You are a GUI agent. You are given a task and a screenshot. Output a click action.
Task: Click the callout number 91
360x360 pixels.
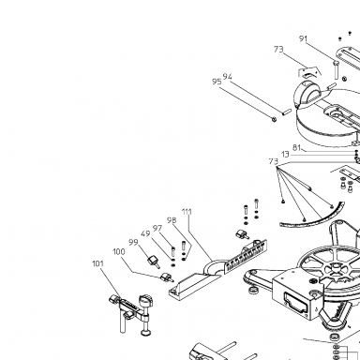pyautogui.click(x=304, y=38)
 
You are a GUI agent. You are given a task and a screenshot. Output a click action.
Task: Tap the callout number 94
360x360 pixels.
pyautogui.click(x=228, y=77)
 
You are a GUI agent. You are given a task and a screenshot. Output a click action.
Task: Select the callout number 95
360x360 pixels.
pyautogui.click(x=217, y=82)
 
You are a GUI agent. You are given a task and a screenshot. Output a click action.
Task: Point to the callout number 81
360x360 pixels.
pyautogui.click(x=296, y=147)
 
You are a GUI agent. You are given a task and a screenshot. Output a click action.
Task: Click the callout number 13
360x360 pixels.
pyautogui.click(x=285, y=155)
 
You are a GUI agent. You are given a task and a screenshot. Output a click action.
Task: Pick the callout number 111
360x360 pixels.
pyautogui.click(x=187, y=212)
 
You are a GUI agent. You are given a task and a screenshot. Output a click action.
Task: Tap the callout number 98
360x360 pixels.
pyautogui.click(x=172, y=220)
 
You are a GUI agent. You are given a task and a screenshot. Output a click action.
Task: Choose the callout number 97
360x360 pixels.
pyautogui.click(x=157, y=229)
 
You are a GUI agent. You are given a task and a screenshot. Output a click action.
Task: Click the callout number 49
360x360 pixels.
pyautogui.click(x=145, y=233)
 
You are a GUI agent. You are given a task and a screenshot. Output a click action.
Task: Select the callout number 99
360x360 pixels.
pyautogui.click(x=133, y=243)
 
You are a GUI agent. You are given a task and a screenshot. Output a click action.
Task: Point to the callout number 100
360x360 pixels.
pyautogui.click(x=119, y=252)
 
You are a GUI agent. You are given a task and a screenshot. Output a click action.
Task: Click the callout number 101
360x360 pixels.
pyautogui.click(x=97, y=263)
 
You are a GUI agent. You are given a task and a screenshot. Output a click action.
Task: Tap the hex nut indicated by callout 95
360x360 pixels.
pyautogui.click(x=274, y=118)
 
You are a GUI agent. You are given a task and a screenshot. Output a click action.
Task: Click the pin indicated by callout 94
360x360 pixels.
pyautogui.click(x=287, y=112)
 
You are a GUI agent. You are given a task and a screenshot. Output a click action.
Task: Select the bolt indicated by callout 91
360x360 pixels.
pyautogui.click(x=336, y=70)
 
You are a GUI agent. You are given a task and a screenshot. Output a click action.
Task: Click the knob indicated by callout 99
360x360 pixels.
pyautogui.click(x=154, y=261)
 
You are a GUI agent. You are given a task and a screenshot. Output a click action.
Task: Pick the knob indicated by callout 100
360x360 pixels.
pyautogui.click(x=167, y=277)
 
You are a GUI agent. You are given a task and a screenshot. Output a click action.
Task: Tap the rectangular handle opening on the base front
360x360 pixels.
pyautogui.click(x=294, y=302)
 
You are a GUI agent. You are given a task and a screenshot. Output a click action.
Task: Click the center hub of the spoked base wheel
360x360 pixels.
pyautogui.click(x=336, y=266)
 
